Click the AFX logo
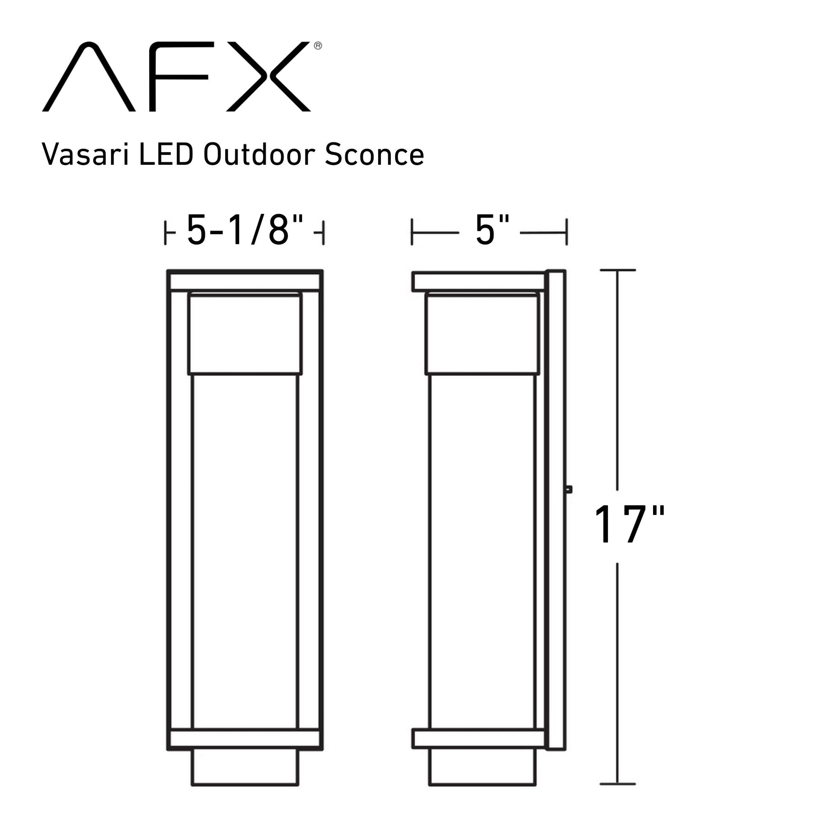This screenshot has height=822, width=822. (176, 76)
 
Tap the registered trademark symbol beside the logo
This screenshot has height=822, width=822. (318, 46)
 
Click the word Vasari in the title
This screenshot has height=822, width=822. (85, 155)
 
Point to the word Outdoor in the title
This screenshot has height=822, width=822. (259, 155)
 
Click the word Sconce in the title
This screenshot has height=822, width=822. (374, 155)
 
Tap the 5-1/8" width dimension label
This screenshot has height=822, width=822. (245, 231)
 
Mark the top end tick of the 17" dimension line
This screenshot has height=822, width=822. (618, 270)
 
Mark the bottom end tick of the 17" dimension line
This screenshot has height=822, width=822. (618, 784)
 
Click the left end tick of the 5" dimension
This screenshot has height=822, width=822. (412, 232)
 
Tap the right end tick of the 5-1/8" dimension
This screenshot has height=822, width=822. (324, 233)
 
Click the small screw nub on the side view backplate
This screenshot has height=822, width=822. (569, 490)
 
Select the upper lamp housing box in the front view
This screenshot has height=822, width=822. (245, 334)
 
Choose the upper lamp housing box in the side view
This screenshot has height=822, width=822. (482, 334)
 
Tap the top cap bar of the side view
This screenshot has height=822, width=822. (478, 282)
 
